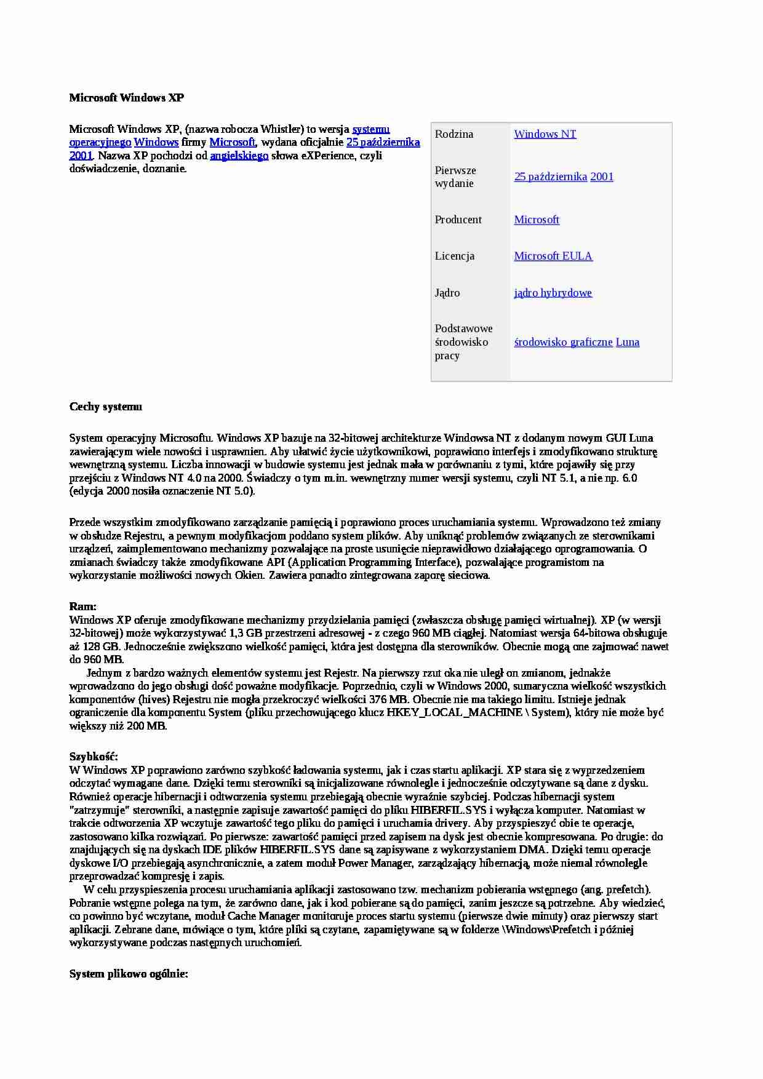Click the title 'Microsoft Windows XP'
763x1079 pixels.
pos(126,98)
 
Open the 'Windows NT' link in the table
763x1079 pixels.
pos(545,134)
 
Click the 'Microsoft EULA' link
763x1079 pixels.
pos(553,256)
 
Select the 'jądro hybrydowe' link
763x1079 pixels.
pos(553,293)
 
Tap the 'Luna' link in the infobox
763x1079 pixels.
pos(627,342)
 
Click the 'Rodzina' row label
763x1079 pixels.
pos(454,134)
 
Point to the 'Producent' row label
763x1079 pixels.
pos(458,220)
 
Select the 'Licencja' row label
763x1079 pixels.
pos(454,256)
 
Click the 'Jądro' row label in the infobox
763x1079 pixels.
pos(447,293)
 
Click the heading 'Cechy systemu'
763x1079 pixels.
pos(105,407)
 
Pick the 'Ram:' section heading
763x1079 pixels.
pos(82,607)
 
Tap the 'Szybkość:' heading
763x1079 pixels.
pos(94,757)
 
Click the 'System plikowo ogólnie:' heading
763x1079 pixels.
pos(129,974)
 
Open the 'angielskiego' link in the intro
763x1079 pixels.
pos(239,156)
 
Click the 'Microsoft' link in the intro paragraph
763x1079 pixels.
pos(232,142)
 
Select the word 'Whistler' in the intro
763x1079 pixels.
pos(281,129)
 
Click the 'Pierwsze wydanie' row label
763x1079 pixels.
pos(455,177)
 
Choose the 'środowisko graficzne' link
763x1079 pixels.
pos(563,342)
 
